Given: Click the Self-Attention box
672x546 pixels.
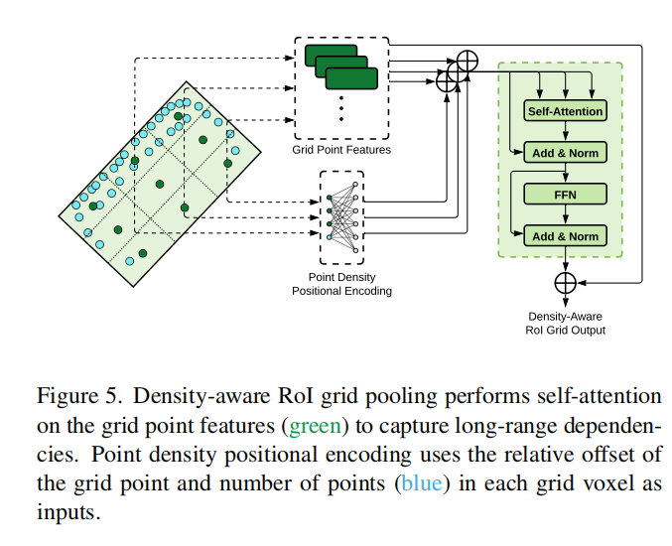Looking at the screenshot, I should tap(564, 111).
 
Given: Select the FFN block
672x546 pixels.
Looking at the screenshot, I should tap(564, 195).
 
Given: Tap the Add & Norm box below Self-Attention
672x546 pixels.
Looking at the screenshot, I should tap(564, 154).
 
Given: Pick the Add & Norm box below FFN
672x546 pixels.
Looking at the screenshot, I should tap(564, 236).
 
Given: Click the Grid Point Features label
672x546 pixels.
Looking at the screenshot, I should tap(340, 150).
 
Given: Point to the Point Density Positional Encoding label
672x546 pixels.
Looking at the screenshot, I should tap(340, 284).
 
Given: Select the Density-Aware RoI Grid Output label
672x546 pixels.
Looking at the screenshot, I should tap(565, 324).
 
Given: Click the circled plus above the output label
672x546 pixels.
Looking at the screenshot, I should tap(565, 283).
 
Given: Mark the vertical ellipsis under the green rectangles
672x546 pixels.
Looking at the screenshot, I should tap(340, 106).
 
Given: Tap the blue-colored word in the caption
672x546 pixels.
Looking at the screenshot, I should tap(415, 486).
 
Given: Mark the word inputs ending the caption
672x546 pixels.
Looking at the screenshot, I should tap(67, 516).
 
